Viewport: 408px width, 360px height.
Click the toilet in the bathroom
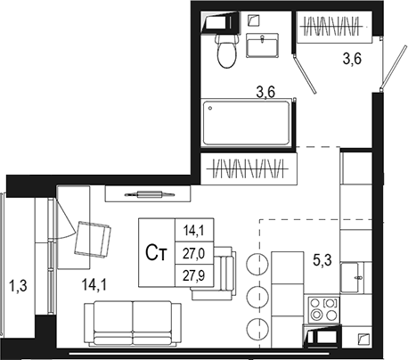227,50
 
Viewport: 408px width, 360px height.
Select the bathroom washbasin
262,45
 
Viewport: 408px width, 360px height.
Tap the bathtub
246,123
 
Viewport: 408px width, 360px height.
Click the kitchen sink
352,278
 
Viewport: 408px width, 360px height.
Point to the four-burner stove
323,309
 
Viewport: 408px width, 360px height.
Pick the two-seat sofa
133,323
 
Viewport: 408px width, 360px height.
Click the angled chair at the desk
93,240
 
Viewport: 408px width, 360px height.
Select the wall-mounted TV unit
148,194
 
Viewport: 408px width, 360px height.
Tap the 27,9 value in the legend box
193,276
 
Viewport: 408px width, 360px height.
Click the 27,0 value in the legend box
193,254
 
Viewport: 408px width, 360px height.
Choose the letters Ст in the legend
156,253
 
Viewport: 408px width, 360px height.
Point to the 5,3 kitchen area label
322,261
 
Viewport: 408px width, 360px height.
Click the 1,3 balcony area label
19,286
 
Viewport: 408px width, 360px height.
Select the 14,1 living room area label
94,285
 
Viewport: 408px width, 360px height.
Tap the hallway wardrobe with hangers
334,27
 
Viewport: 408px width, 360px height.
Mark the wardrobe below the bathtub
249,168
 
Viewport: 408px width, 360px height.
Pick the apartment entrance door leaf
394,67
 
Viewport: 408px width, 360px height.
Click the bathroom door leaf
305,73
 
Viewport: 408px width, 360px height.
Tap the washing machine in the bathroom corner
221,21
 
